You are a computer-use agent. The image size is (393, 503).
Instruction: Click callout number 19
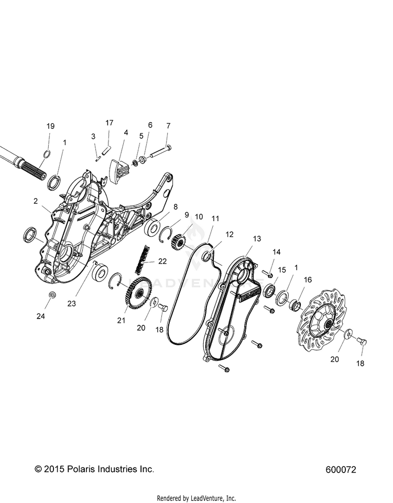point(50,126)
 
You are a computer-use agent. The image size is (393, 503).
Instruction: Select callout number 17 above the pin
point(109,123)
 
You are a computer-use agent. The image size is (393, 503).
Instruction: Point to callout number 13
point(256,238)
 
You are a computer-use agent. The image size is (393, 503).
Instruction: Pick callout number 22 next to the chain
point(162,261)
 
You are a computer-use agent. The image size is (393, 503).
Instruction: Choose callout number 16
point(308,280)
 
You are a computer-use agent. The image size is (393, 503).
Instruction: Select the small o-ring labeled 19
point(47,154)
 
